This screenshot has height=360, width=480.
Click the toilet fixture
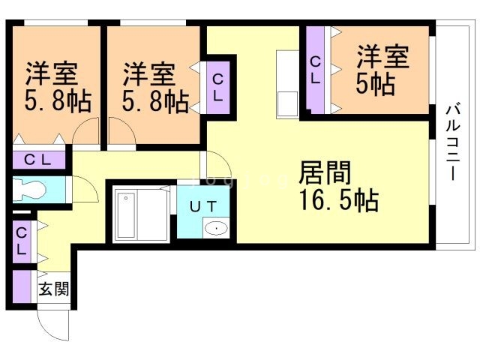click(29, 190)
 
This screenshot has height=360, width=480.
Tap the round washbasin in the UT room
click(216, 228)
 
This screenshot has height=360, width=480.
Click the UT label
click(203, 207)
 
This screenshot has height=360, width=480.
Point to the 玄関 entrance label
click(54, 289)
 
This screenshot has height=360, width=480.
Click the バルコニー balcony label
click(452, 142)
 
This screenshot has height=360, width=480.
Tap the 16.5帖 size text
click(339, 200)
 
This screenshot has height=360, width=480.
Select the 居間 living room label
click(325, 172)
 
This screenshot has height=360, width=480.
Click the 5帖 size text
click(375, 84)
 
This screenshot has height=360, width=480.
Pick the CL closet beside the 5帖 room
click(315, 70)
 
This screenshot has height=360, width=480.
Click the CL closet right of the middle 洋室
click(218, 88)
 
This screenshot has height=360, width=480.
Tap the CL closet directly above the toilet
click(39, 160)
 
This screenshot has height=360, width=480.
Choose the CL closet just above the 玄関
click(22, 241)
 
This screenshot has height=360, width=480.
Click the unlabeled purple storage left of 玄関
click(22, 286)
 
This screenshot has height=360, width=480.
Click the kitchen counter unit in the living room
click(287, 84)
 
